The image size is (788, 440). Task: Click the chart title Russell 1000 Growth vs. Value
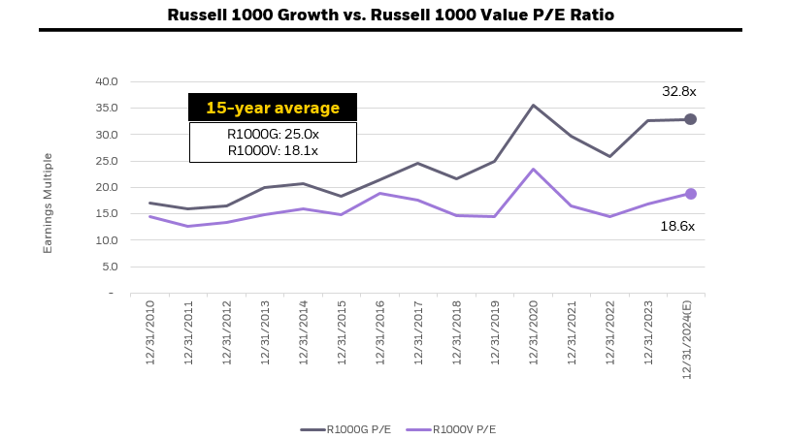(390, 15)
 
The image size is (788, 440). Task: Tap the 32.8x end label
(679, 91)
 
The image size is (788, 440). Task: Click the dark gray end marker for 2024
(691, 119)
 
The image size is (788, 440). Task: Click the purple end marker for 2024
(691, 194)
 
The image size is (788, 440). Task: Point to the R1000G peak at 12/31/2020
(533, 106)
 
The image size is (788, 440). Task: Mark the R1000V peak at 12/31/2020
(533, 170)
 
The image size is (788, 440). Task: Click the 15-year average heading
(272, 108)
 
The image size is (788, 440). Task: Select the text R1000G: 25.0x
(272, 134)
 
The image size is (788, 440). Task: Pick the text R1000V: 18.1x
(272, 150)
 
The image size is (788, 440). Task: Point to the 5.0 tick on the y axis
(107, 267)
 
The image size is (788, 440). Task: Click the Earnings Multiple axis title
(48, 203)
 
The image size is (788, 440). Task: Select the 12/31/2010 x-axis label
(149, 331)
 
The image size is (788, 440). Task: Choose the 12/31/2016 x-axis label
(379, 331)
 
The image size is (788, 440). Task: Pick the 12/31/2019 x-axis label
(495, 331)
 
